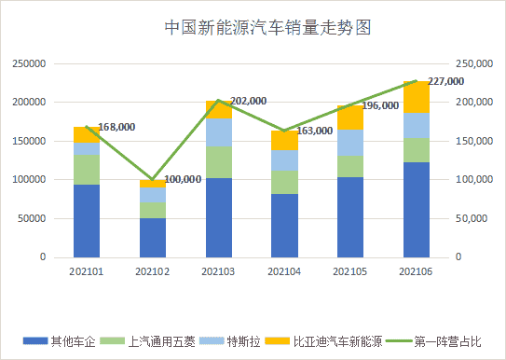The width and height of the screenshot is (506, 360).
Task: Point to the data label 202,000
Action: pos(248,101)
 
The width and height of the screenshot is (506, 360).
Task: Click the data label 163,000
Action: pos(313,132)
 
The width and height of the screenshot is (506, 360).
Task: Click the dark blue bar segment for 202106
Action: pos(416,209)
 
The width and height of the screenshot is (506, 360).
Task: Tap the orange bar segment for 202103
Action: pos(218,109)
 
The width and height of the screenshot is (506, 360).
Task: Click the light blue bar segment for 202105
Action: pos(350,143)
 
